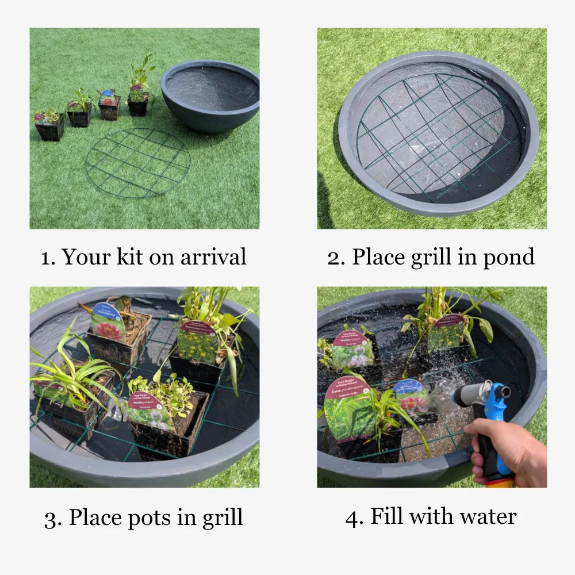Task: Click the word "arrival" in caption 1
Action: click(213, 257)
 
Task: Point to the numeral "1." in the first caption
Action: click(48, 257)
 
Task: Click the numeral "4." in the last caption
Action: click(354, 516)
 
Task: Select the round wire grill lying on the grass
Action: click(137, 163)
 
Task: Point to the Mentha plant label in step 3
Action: click(151, 411)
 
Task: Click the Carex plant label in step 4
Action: click(348, 409)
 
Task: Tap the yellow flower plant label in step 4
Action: click(446, 333)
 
